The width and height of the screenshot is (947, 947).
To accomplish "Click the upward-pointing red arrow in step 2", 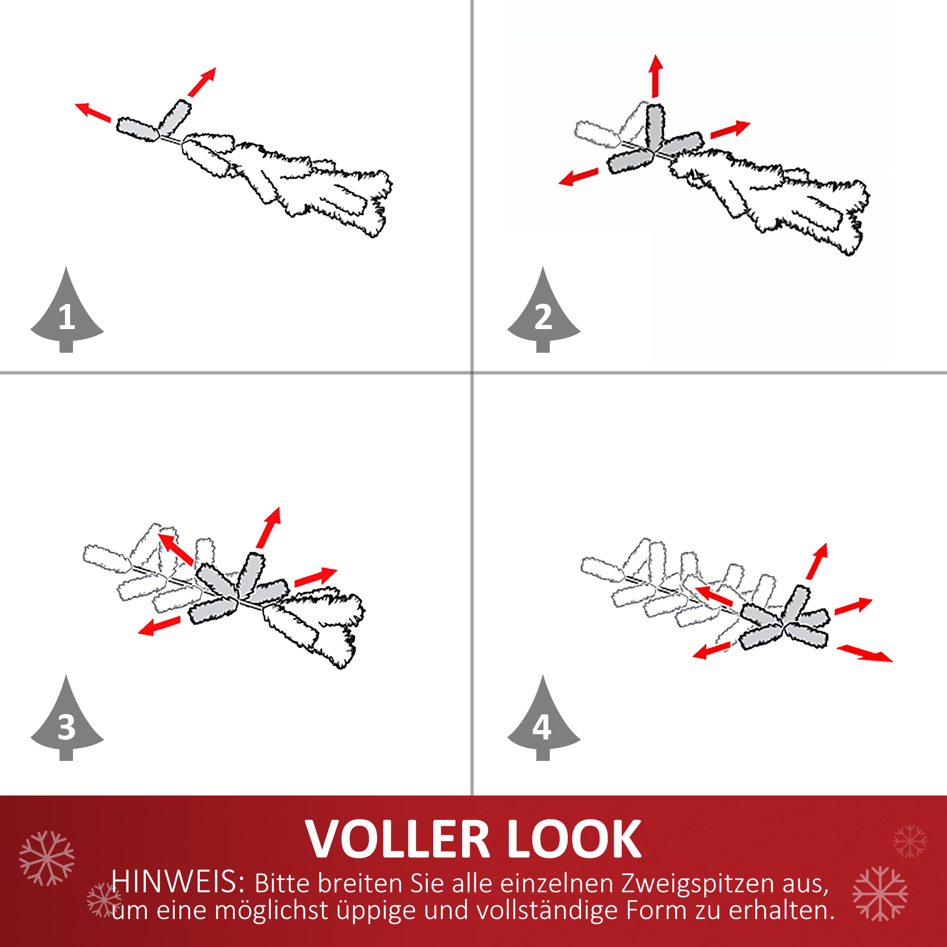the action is [655, 76].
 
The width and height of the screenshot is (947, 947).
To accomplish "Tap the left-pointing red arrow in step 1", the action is [93, 112].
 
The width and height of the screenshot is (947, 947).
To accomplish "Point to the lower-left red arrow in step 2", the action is [579, 177].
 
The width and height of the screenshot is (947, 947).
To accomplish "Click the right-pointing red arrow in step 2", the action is [730, 129].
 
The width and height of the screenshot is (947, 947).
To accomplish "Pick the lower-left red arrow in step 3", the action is [159, 626].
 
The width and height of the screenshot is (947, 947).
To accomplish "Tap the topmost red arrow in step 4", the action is [817, 561].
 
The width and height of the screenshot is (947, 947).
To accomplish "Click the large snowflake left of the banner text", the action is [47, 858].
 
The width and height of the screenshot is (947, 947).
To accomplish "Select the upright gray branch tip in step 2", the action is [655, 127].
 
